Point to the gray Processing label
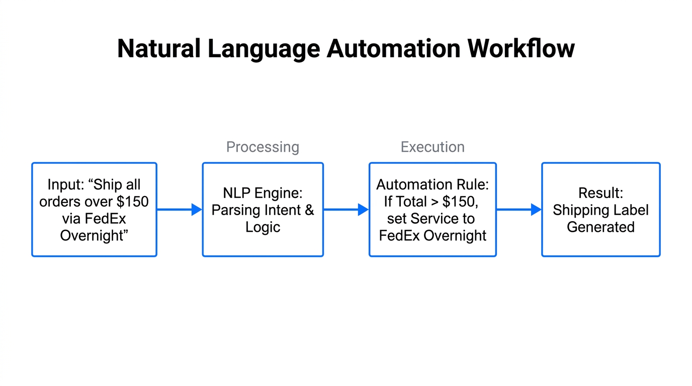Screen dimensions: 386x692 coord(263,147)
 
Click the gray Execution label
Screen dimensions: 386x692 coord(432,147)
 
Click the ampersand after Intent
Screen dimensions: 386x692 coord(309,210)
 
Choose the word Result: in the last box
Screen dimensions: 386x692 coord(600,193)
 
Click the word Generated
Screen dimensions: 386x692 coord(600,227)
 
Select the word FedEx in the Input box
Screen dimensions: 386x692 coord(105,219)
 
